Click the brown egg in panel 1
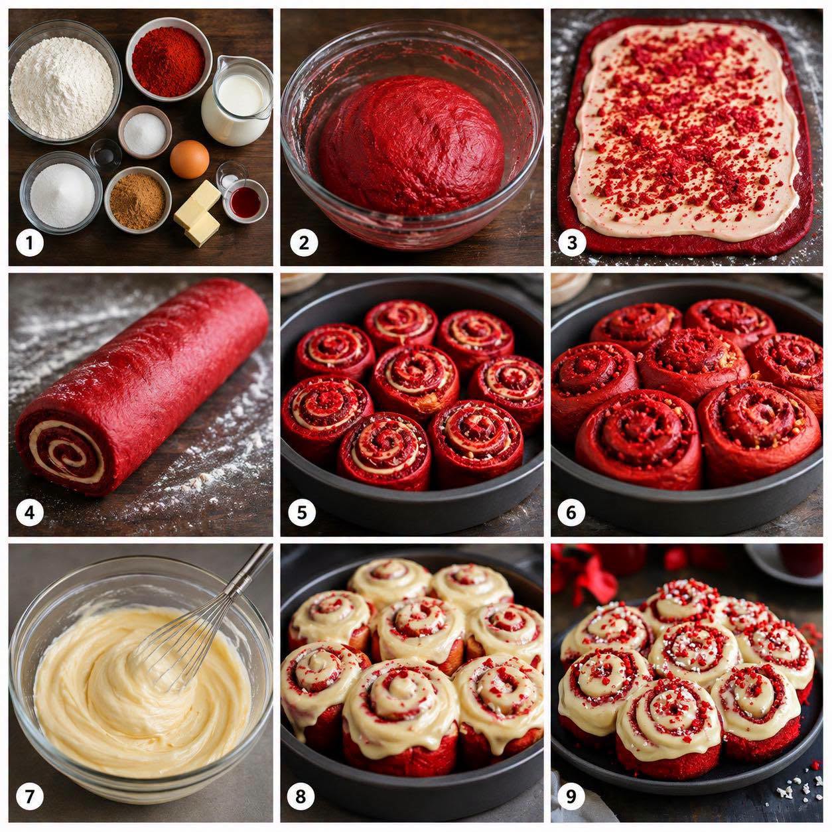click(190, 159)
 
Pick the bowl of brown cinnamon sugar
click(138, 200)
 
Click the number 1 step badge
click(30, 243)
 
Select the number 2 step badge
click(304, 243)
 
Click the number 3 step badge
click(572, 243)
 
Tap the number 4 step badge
click(30, 512)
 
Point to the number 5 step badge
click(302, 512)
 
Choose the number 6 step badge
click(571, 512)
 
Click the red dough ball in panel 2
click(412, 145)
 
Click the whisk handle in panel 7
click(249, 569)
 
